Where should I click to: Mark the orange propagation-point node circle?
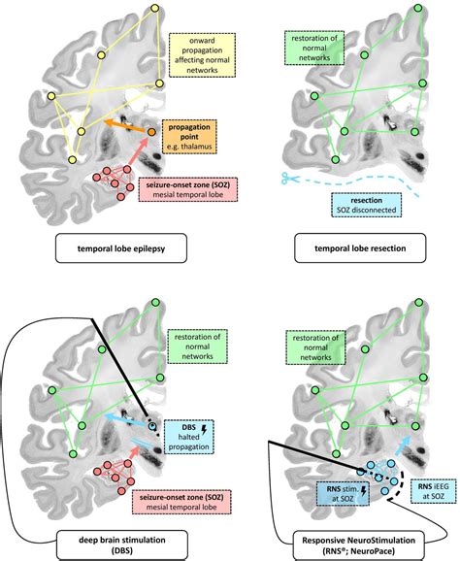pyautogui.click(x=152, y=131)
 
